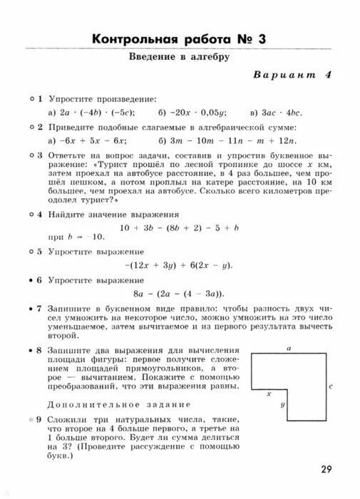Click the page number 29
pos(326,468)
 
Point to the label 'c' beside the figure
pos(331,386)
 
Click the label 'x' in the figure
pos(269,393)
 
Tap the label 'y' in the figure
pos(283,404)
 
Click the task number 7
pos(40,309)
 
